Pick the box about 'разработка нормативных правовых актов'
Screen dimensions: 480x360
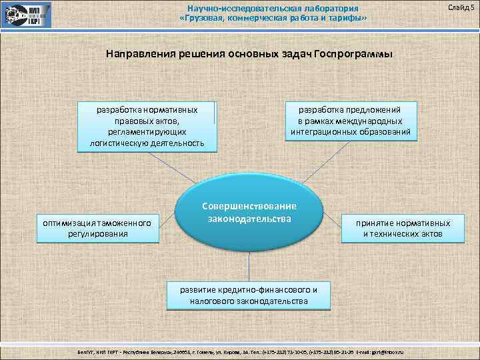147,126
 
